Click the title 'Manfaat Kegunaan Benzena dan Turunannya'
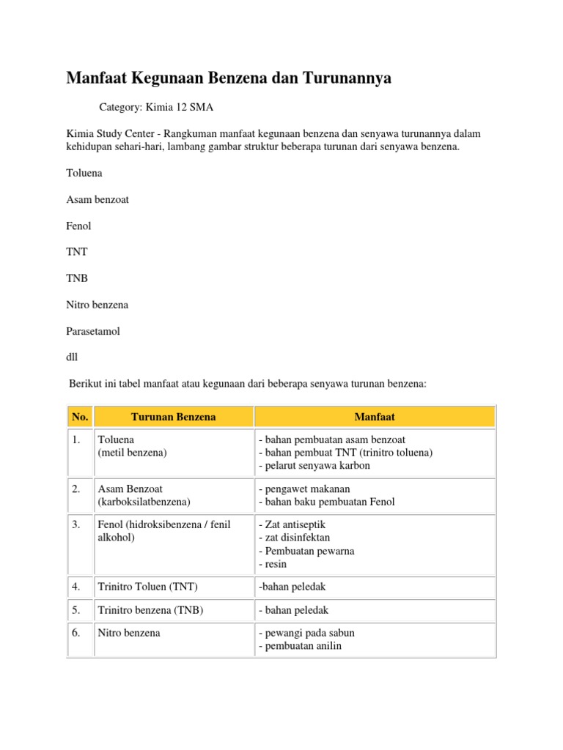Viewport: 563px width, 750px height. tap(229, 78)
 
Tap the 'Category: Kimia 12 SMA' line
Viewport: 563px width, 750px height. tap(157, 108)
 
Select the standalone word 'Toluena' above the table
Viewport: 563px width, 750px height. tap(84, 174)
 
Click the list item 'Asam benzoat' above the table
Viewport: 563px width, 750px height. tap(97, 200)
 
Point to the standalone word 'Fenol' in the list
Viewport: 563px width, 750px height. tap(78, 226)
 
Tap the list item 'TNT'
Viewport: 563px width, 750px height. tap(77, 252)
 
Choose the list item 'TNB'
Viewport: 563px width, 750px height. tap(77, 278)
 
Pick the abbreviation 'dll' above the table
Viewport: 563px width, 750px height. tap(71, 357)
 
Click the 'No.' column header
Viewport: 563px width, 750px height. tap(80, 417)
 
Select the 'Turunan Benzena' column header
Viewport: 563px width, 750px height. tap(174, 417)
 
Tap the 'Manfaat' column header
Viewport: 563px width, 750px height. tap(375, 417)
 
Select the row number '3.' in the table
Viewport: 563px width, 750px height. tap(76, 524)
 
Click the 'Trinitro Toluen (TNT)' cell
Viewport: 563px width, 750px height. tap(147, 587)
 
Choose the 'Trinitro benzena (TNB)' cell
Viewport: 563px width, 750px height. tap(150, 610)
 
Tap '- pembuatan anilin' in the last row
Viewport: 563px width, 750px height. tap(300, 646)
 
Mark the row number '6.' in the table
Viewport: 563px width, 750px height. tap(76, 633)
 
